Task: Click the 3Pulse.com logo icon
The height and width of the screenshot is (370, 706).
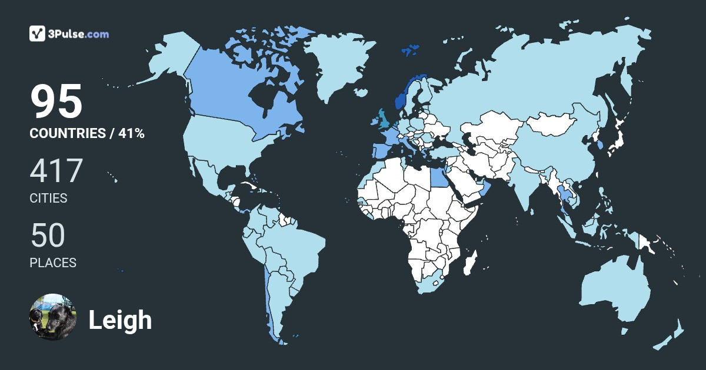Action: pyautogui.click(x=37, y=33)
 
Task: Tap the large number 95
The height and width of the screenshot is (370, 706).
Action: pyautogui.click(x=56, y=102)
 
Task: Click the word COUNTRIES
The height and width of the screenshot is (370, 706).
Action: pyautogui.click(x=67, y=133)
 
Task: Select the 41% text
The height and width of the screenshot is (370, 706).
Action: pyautogui.click(x=131, y=133)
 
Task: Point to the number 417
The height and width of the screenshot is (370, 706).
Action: pyautogui.click(x=56, y=171)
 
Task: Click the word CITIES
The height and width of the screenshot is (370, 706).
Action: pyautogui.click(x=48, y=199)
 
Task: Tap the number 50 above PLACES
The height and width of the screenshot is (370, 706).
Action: pyautogui.click(x=48, y=236)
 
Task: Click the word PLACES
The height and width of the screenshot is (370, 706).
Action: pyautogui.click(x=53, y=263)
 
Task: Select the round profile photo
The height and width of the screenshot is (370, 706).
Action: pyautogui.click(x=53, y=317)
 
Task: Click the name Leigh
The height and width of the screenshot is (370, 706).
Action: pyautogui.click(x=120, y=320)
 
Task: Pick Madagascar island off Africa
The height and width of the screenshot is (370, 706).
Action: pyautogui.click(x=470, y=264)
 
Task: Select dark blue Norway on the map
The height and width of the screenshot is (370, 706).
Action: pyautogui.click(x=401, y=97)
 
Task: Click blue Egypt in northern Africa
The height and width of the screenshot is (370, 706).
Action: pyautogui.click(x=439, y=176)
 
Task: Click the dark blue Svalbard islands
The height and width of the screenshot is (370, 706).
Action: pyautogui.click(x=410, y=49)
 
